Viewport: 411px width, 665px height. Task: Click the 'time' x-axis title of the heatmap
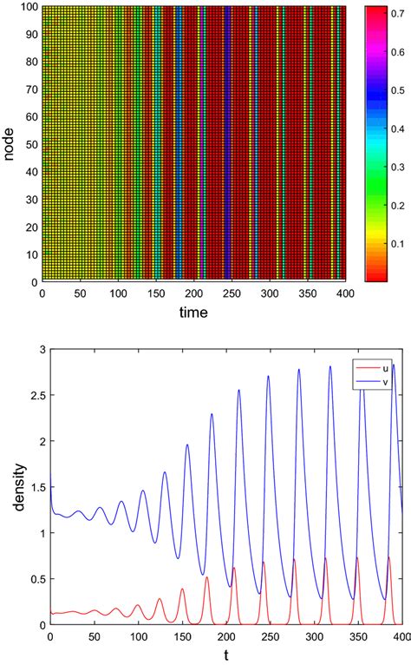pos(193,313)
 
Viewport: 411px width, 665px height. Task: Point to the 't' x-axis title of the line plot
pos(225,657)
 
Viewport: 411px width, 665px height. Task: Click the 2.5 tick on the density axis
pos(36,398)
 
